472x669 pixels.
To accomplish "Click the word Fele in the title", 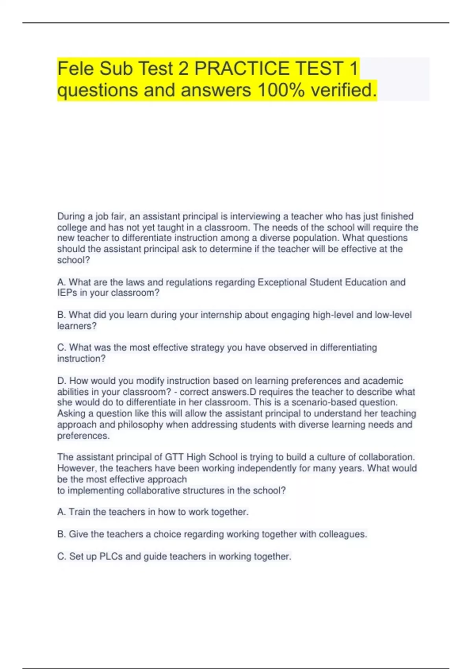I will coord(75,68).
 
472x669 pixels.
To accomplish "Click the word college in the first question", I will coord(72,227).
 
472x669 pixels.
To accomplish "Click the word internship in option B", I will coord(221,315).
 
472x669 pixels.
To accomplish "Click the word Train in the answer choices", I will coord(79,512).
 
